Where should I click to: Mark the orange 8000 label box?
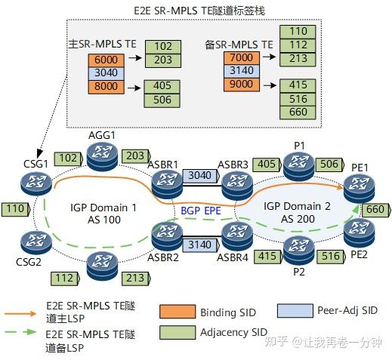coord(103,86)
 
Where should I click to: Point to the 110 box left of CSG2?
coord(14,208)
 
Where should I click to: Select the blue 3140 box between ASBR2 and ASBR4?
coord(200,245)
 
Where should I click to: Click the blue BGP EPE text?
coord(200,211)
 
